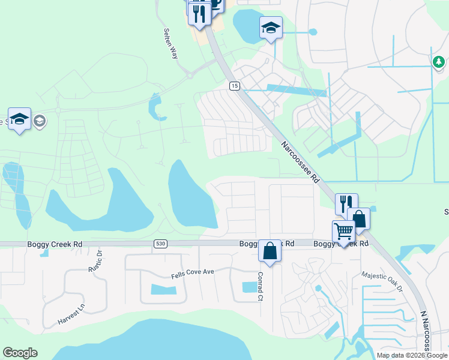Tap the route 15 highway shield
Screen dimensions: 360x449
(x=234, y=86)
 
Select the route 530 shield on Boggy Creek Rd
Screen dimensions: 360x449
(x=160, y=244)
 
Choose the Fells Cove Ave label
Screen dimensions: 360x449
(x=192, y=272)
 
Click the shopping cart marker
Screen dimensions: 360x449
(x=343, y=230)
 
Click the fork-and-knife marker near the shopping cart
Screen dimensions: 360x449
(x=346, y=203)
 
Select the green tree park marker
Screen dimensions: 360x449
(x=439, y=61)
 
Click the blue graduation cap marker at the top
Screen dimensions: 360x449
(x=271, y=27)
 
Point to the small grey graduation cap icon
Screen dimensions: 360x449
(x=40, y=122)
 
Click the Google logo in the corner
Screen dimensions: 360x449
(x=20, y=353)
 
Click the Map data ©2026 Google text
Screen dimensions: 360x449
(x=412, y=355)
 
